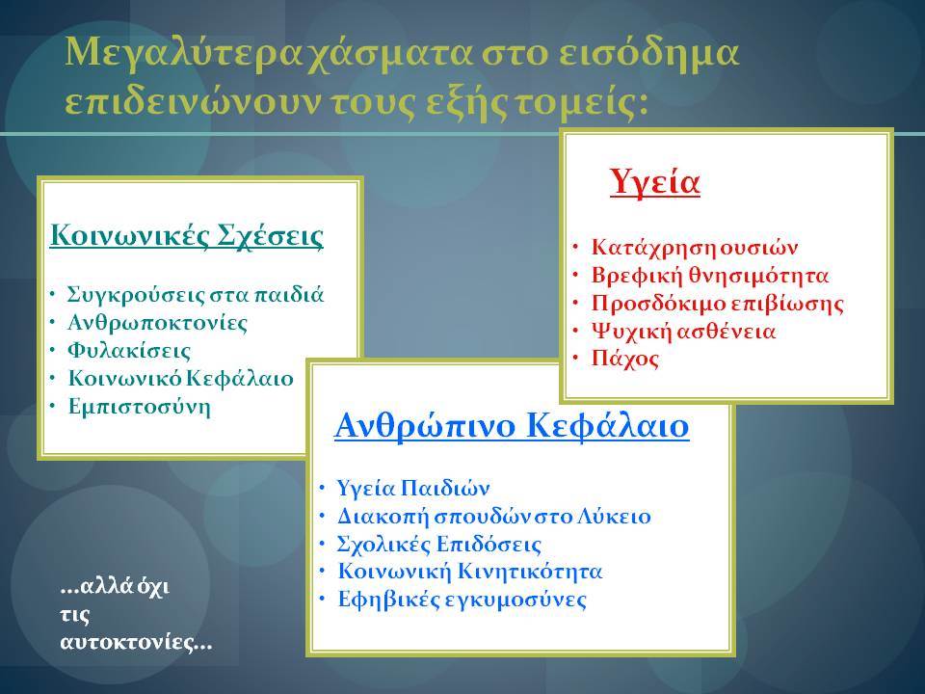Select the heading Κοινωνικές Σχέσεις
pos(186,235)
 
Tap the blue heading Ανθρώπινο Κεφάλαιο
pos(512,425)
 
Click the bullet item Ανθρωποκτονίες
pos(157,322)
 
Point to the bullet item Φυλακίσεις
pos(129,351)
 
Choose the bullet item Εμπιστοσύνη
pos(139,406)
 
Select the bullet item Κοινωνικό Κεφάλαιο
pos(180,378)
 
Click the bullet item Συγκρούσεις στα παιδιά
pos(196,294)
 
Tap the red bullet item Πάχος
pos(625,359)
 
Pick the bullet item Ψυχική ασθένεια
pos(683,331)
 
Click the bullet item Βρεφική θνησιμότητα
pos(710,275)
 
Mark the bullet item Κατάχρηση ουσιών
pos(695,248)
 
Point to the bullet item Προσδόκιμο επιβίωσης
pos(717,303)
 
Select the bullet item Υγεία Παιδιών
pos(413,488)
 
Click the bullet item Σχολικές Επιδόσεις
pos(439,544)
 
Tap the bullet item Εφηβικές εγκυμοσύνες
pos(462,600)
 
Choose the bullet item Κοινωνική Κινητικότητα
pos(469,572)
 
